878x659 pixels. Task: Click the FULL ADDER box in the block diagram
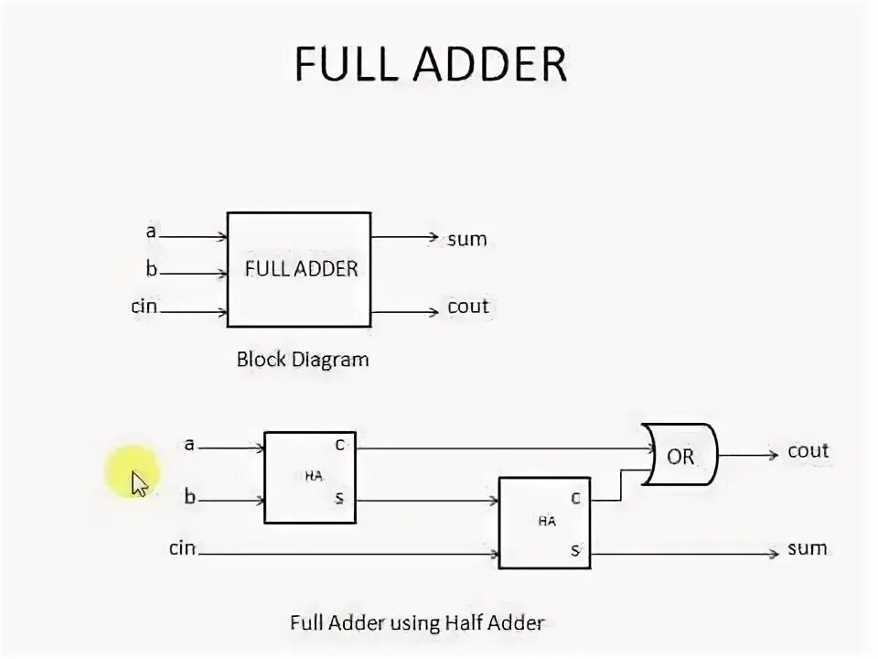click(299, 269)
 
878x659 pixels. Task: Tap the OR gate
click(680, 455)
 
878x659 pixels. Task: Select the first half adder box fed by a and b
click(310, 477)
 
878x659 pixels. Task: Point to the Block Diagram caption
click(303, 359)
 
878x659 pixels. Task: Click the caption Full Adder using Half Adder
click(416, 623)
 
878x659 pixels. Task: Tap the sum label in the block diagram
click(466, 240)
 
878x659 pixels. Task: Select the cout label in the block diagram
click(468, 307)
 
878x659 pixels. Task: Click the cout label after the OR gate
click(808, 451)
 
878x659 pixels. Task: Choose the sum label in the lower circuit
click(807, 548)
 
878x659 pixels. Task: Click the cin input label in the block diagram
click(144, 307)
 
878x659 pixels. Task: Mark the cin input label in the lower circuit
click(183, 548)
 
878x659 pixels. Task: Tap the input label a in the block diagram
click(151, 232)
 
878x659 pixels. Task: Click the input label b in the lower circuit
click(190, 497)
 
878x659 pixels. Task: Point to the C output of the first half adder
click(338, 445)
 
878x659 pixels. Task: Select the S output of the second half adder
click(575, 550)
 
